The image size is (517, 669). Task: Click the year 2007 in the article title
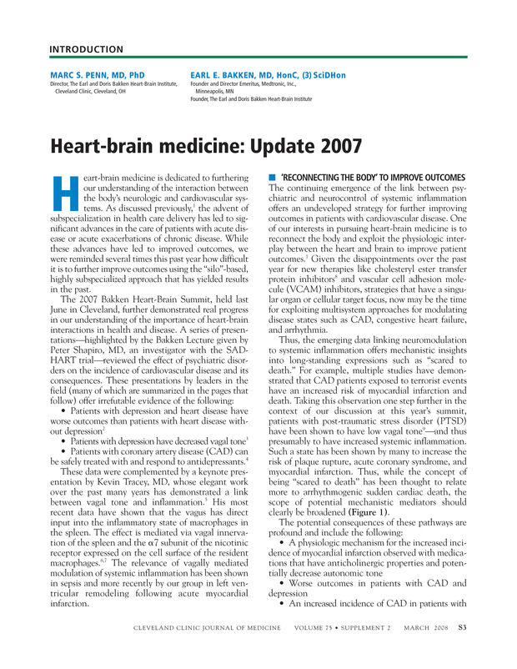point(305,147)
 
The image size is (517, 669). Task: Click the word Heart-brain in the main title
point(100,147)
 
